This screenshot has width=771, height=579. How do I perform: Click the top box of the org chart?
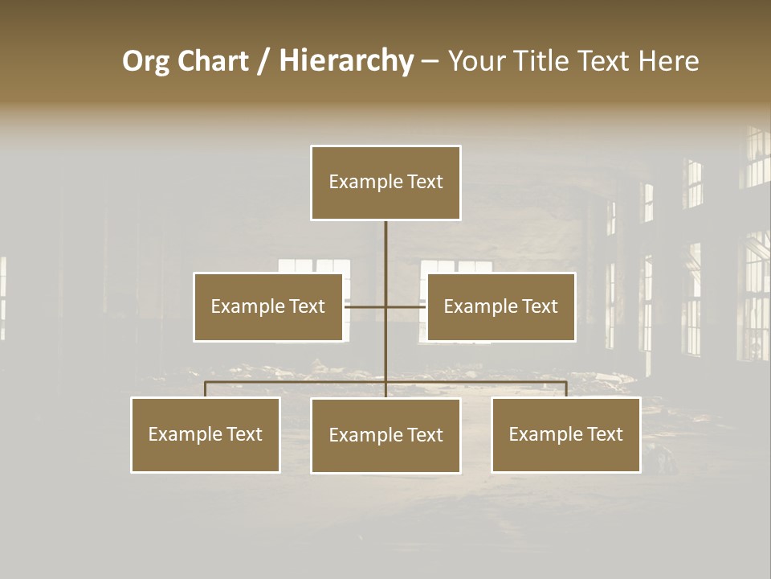tap(385, 183)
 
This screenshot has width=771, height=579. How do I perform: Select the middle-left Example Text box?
tap(268, 306)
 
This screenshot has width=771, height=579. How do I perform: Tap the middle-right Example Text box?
tap(501, 306)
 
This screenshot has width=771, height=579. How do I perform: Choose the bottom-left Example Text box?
tap(206, 434)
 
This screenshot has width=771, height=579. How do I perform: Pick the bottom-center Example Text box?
tap(385, 435)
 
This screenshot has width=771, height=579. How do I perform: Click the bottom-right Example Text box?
tap(566, 434)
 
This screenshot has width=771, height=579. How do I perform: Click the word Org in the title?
tap(146, 61)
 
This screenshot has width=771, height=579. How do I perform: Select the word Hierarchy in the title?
tap(346, 61)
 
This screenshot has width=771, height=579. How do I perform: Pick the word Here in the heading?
tap(668, 61)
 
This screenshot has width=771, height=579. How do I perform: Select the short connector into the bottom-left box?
tap(206, 389)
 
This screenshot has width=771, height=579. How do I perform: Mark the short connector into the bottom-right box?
tap(566, 389)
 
